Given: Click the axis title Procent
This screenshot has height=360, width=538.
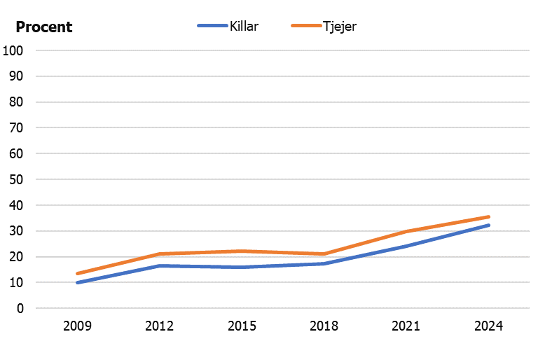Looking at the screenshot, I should point(43,27).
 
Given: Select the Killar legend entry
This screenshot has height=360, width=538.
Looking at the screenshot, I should point(244,26).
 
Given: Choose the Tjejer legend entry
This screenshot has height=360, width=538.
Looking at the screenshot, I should point(340,26).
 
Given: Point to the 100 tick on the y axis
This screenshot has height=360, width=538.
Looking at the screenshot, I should point(13,50).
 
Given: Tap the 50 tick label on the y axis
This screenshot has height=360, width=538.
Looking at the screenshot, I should point(16,179).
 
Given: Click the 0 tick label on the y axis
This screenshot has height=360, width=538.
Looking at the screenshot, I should point(20,308).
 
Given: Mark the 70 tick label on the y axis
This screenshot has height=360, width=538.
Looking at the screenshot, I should point(16,127).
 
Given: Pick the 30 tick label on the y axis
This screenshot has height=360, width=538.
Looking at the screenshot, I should point(16,231).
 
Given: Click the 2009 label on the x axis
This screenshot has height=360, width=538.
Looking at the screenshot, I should point(77,326).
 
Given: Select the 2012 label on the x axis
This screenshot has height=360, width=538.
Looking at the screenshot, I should point(160,326).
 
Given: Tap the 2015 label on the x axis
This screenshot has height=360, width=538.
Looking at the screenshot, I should point(242,326).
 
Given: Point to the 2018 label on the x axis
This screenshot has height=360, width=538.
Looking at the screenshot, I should point(324,326).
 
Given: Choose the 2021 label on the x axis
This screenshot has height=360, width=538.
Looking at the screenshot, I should point(406,326).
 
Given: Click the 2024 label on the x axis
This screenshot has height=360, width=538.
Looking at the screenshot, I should point(488,326).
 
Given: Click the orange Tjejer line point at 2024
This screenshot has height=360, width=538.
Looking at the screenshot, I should point(488,217).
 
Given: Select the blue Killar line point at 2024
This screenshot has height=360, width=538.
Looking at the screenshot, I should point(488,226).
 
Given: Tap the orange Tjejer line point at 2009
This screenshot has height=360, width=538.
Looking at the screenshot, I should point(77,274).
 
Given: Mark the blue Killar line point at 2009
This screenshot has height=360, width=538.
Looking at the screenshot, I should point(77,283).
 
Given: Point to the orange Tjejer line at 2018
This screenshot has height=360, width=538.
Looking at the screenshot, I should point(324,254).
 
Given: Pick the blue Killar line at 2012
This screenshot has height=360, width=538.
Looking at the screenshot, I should point(160,266).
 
